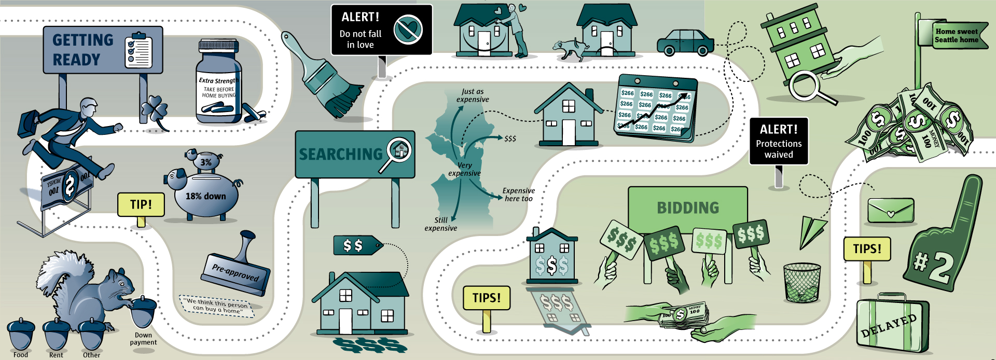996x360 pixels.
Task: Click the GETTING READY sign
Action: tap(103, 50)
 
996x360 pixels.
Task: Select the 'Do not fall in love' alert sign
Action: tap(381, 30)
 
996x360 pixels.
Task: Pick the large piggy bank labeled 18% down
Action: tap(205, 195)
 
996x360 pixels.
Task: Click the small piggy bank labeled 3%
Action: tap(204, 160)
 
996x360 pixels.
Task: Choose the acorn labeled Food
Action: tap(21, 335)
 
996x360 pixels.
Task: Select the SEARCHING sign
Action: tap(355, 154)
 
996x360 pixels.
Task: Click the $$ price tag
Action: tap(356, 245)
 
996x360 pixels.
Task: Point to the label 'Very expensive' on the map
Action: tap(464, 169)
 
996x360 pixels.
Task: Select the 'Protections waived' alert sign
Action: tap(778, 141)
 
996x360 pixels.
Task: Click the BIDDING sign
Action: tap(687, 207)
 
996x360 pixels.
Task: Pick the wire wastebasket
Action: tap(802, 283)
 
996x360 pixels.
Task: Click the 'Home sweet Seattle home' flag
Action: tap(956, 35)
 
